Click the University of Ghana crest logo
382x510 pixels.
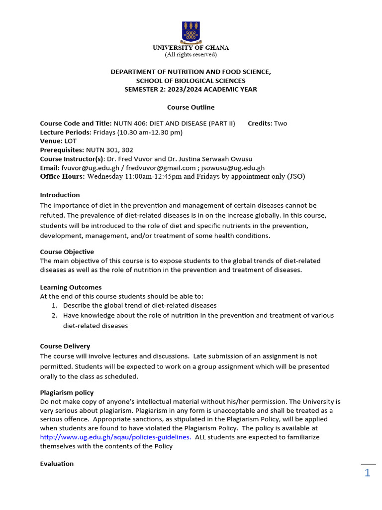pos(191,31)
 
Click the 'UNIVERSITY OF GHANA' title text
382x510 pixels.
pos(191,48)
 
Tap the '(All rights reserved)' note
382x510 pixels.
pos(191,55)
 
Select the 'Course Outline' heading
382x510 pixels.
pos(191,107)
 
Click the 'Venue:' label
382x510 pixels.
pos(51,141)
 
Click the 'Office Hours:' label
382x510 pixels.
pos(62,176)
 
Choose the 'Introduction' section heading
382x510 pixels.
pos(60,195)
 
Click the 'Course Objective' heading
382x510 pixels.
pos(67,252)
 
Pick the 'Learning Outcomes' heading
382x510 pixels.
pos(71,287)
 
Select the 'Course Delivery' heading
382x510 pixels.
pos(65,346)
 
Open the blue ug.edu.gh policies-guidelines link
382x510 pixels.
pos(115,437)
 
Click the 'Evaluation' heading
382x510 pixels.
pos(57,464)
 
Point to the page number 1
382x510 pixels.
pos(367,473)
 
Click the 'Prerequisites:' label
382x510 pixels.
pos(62,150)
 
